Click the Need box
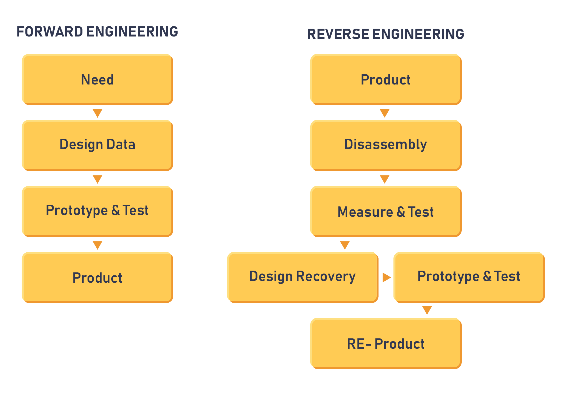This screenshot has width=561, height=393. [x=97, y=79]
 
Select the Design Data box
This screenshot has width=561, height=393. [x=97, y=145]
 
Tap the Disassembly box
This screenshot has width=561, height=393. [x=386, y=145]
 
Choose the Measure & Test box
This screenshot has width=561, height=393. [x=386, y=211]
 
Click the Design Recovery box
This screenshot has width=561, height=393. [x=303, y=277]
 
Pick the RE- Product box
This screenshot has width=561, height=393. [x=386, y=343]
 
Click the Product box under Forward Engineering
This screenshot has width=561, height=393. [x=97, y=277]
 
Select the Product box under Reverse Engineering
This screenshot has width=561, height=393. [x=386, y=79]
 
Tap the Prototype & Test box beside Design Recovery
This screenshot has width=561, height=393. [x=469, y=277]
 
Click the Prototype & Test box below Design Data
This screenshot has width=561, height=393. [x=97, y=211]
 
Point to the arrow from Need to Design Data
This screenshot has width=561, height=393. [x=97, y=113]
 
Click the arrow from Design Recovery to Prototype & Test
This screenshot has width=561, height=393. [x=387, y=277]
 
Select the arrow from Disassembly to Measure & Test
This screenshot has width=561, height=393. [x=385, y=179]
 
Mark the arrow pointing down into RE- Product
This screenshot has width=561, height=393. [x=427, y=310]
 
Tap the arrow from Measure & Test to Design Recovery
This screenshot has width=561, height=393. [x=345, y=245]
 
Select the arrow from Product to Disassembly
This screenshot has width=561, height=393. [x=385, y=113]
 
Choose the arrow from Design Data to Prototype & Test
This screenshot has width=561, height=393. [x=97, y=179]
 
